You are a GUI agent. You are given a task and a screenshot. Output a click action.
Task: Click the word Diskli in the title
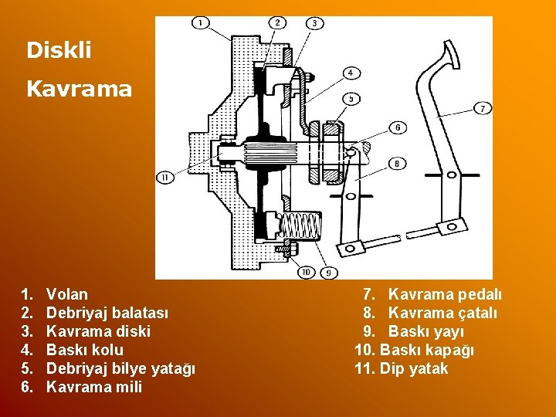click(59, 51)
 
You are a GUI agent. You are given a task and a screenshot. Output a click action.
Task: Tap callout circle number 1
click(200, 24)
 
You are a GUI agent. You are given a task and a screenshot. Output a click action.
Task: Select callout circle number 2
click(277, 23)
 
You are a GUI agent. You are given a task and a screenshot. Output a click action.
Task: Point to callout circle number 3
click(315, 24)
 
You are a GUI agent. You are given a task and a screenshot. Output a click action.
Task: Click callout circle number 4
click(351, 73)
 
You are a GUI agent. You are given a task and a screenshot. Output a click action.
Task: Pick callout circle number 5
click(351, 98)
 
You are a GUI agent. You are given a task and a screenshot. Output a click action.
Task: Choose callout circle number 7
click(482, 108)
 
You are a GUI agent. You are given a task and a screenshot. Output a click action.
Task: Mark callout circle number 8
click(397, 164)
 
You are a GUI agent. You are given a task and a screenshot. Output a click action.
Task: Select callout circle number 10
click(306, 272)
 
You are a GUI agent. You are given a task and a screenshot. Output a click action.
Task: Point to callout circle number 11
click(164, 178)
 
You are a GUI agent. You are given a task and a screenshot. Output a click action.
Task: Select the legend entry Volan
click(67, 294)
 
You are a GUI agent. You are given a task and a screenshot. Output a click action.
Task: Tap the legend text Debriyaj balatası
click(107, 313)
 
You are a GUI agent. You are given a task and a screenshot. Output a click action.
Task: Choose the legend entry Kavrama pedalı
click(445, 294)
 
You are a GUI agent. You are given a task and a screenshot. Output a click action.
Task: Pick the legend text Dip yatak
click(413, 368)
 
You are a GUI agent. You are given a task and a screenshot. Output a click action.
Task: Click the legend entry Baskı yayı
click(426, 331)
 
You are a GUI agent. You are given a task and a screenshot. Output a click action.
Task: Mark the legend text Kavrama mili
click(94, 387)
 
